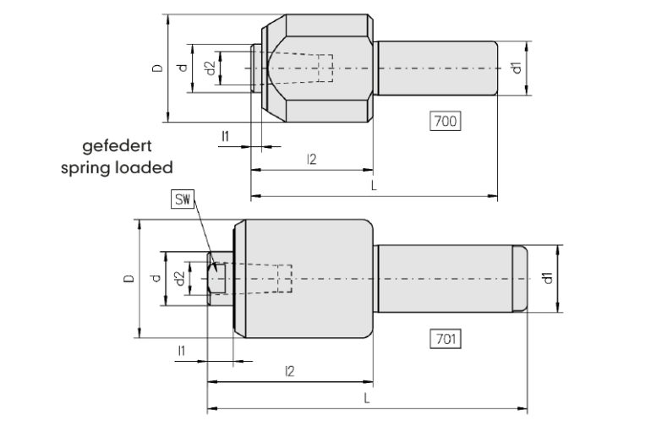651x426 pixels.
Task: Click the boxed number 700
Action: pos(445,122)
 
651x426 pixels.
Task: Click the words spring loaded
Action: pos(117,167)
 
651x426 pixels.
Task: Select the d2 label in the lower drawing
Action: pos(179,278)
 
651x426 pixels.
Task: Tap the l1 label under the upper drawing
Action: pos(225,135)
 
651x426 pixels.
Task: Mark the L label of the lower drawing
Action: pos(365,396)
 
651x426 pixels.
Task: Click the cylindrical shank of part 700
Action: pos(436,68)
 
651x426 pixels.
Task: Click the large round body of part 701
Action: pos(304,278)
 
